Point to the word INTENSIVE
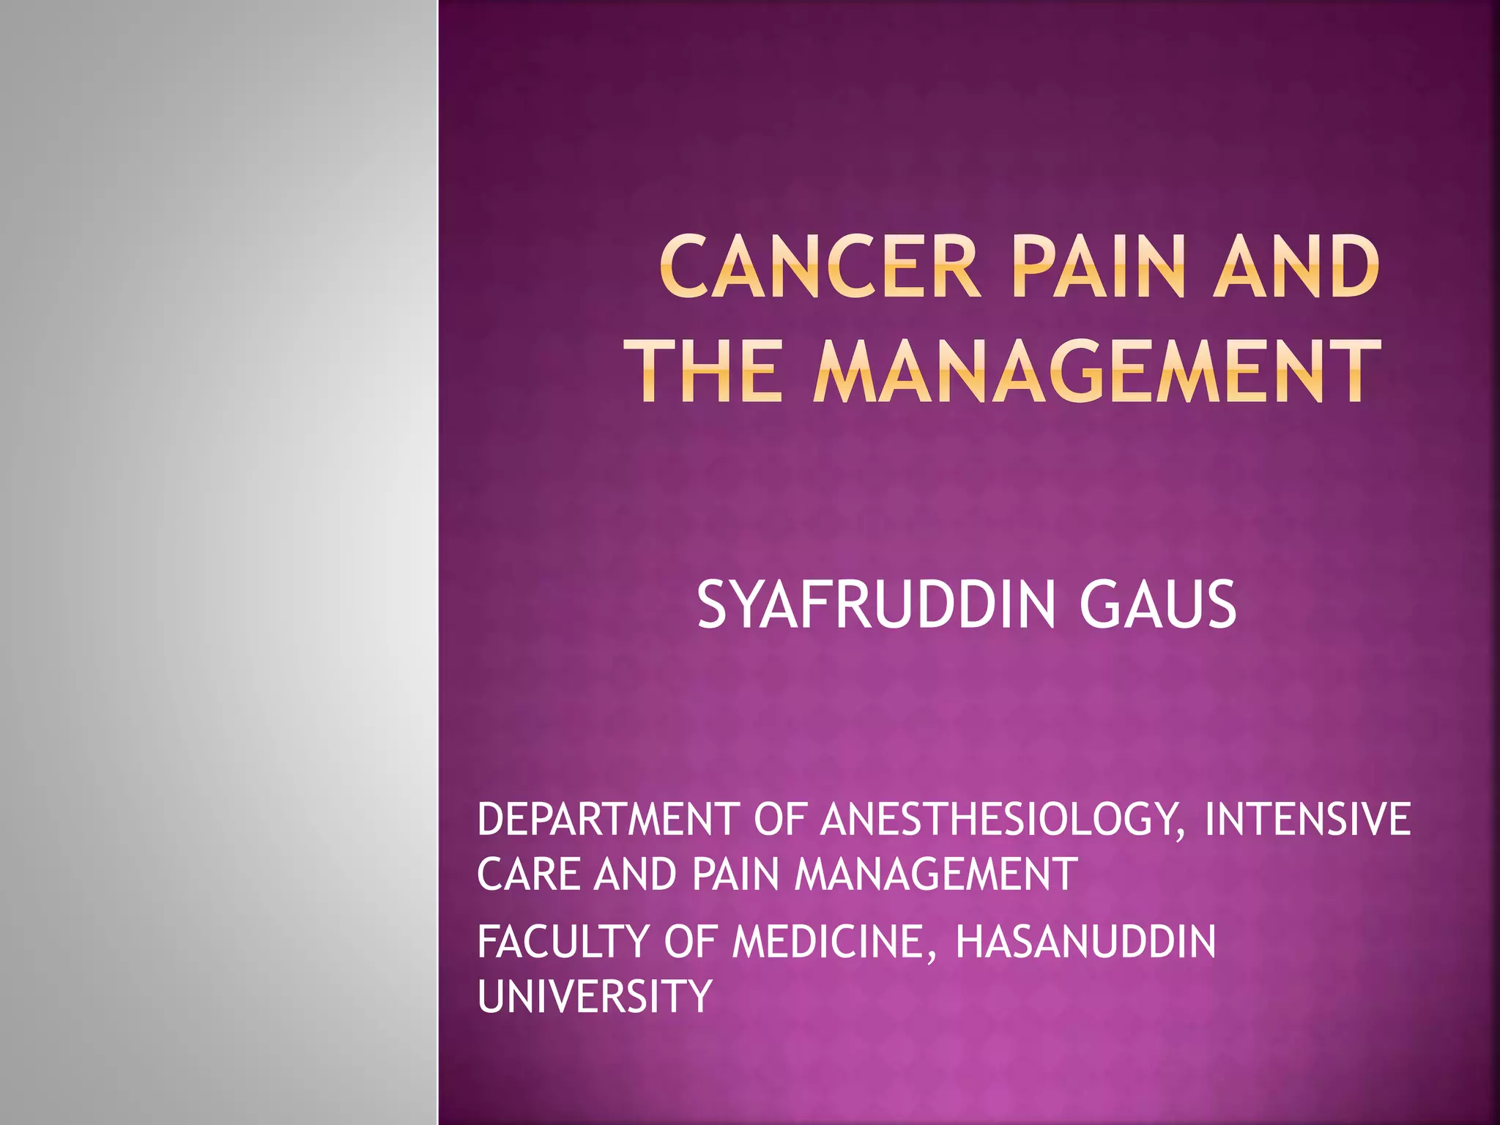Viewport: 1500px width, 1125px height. point(1307,820)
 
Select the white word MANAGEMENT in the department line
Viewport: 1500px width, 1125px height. point(935,875)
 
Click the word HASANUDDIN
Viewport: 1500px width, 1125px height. point(1085,942)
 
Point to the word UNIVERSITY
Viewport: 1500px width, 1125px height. point(595,997)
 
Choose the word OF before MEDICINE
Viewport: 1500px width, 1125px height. point(689,942)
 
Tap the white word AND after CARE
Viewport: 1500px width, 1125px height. point(635,875)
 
